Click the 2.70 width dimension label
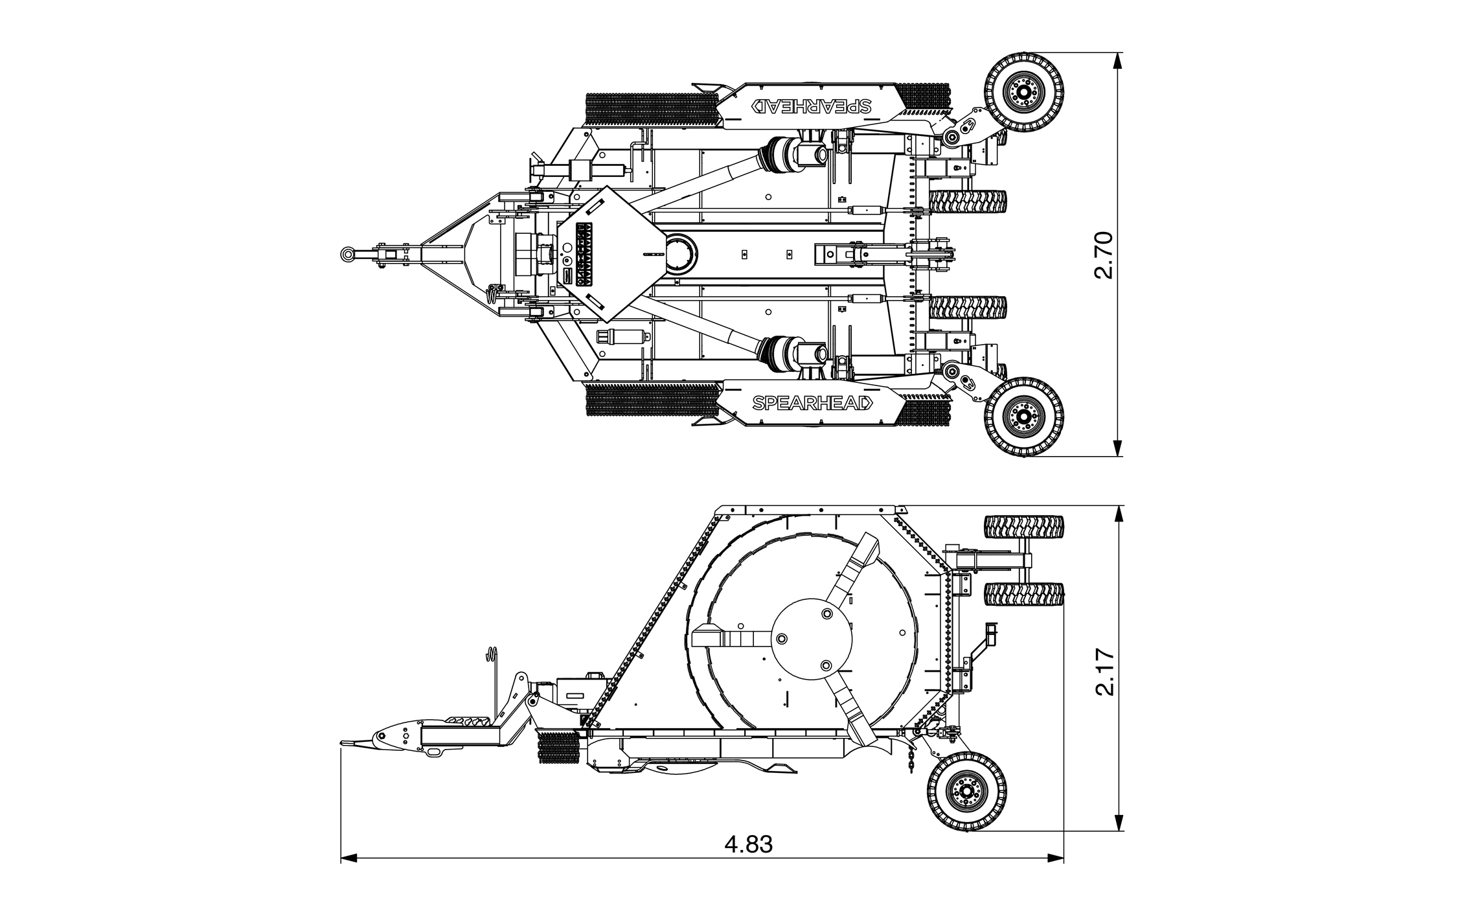pyautogui.click(x=1102, y=255)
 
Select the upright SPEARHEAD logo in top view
pyautogui.click(x=812, y=402)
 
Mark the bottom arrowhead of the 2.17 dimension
pyautogui.click(x=1117, y=822)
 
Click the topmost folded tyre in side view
pyautogui.click(x=1024, y=526)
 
